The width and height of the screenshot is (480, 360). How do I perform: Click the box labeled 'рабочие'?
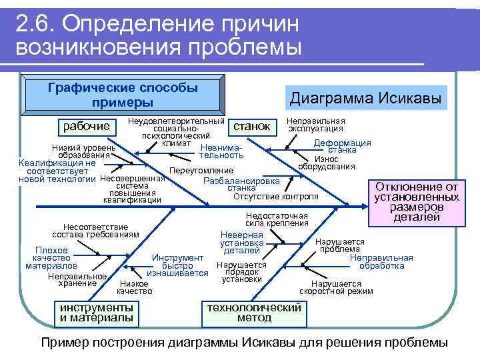86,127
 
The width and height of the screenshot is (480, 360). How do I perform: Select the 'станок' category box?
251,126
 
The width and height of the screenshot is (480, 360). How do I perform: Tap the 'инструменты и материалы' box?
96,313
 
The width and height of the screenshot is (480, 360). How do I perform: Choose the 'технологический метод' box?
254,312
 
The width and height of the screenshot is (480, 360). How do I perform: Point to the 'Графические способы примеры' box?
123,95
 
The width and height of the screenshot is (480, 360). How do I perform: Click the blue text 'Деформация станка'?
342,147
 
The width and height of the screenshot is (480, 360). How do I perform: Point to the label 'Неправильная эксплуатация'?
315,125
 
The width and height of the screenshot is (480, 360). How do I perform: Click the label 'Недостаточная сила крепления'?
276,219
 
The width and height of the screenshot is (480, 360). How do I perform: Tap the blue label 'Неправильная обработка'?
381,261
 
